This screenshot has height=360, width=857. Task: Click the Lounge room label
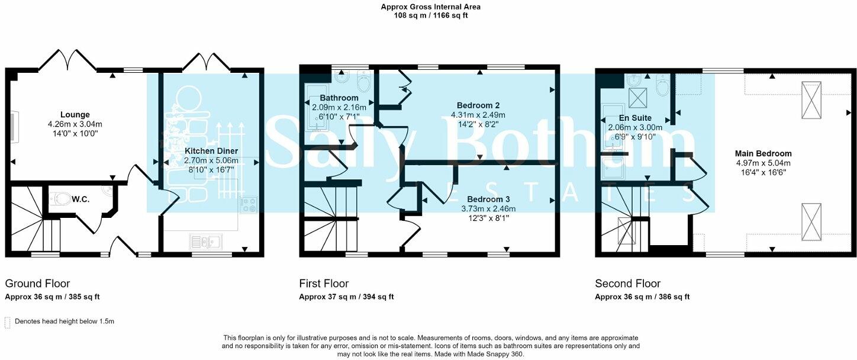pos(75,114)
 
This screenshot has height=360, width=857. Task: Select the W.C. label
pos(81,200)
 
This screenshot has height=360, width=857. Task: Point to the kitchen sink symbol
pos(205,241)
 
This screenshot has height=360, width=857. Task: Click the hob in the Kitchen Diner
pos(249,205)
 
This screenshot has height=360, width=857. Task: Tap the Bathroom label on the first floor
pos(339,98)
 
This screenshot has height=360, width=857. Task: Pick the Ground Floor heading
pos(37,284)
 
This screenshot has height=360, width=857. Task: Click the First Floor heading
pos(324,284)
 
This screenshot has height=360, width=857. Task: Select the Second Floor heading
pos(628,284)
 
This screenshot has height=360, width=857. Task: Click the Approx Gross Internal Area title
pos(430,7)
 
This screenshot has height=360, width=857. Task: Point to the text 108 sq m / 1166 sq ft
pos(430,15)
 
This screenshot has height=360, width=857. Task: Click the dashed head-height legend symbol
pos(8,322)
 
